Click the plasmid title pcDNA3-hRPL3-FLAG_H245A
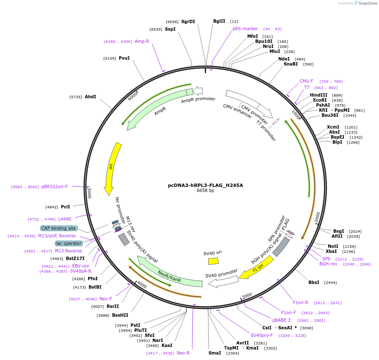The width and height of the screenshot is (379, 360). point(205,185)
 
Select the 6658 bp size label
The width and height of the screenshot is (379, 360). point(205,190)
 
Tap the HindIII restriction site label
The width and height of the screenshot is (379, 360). point(319,95)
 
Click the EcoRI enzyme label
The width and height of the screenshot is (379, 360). point(320,100)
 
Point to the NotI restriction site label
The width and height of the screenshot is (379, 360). point(333,246)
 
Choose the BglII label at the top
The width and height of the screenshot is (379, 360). point(219,21)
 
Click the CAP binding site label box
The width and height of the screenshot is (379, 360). point(59,228)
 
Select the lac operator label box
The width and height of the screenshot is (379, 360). point(69,243)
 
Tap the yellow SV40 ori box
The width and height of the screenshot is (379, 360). point(213,261)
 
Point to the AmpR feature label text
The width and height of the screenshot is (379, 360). point(160,111)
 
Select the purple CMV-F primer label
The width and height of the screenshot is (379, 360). point(306,81)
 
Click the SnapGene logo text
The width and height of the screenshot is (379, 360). point(368,3)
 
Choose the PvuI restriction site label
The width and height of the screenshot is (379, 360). point(124,58)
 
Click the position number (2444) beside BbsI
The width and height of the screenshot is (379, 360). point(330,282)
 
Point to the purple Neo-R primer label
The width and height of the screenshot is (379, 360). point(183,353)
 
